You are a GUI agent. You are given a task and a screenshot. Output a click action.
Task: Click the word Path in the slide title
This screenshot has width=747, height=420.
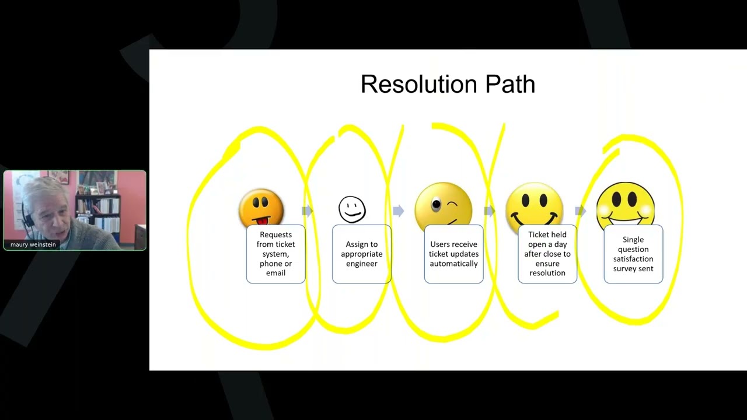[510, 84]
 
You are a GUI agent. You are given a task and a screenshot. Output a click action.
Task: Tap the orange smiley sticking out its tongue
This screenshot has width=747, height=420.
[261, 207]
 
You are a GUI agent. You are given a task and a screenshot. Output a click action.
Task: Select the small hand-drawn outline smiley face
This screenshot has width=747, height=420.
[352, 209]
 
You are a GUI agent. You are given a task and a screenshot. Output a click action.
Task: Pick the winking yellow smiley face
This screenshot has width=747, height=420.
[443, 206]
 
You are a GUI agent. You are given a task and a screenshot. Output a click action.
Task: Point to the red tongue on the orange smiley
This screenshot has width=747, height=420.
[264, 220]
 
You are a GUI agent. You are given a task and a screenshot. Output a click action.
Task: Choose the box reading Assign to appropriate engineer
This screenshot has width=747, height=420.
[361, 254]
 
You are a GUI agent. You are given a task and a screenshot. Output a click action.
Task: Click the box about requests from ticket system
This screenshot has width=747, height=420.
[276, 254]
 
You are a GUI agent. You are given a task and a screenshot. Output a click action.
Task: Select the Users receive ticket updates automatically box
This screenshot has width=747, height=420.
[453, 254]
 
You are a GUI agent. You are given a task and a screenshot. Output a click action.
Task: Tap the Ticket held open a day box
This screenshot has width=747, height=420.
[547, 254]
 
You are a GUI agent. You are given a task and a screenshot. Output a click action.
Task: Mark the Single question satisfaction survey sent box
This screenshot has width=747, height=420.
[633, 254]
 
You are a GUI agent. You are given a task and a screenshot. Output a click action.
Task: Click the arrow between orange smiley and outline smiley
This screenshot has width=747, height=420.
[307, 211]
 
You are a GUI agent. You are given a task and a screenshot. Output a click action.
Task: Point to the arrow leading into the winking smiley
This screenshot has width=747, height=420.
[399, 211]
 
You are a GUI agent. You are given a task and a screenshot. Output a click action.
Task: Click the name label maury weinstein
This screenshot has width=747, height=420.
[33, 244]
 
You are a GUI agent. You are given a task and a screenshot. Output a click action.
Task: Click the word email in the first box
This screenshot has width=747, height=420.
[275, 273]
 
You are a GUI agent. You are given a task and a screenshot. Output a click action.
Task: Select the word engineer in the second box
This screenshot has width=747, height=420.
[361, 264]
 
